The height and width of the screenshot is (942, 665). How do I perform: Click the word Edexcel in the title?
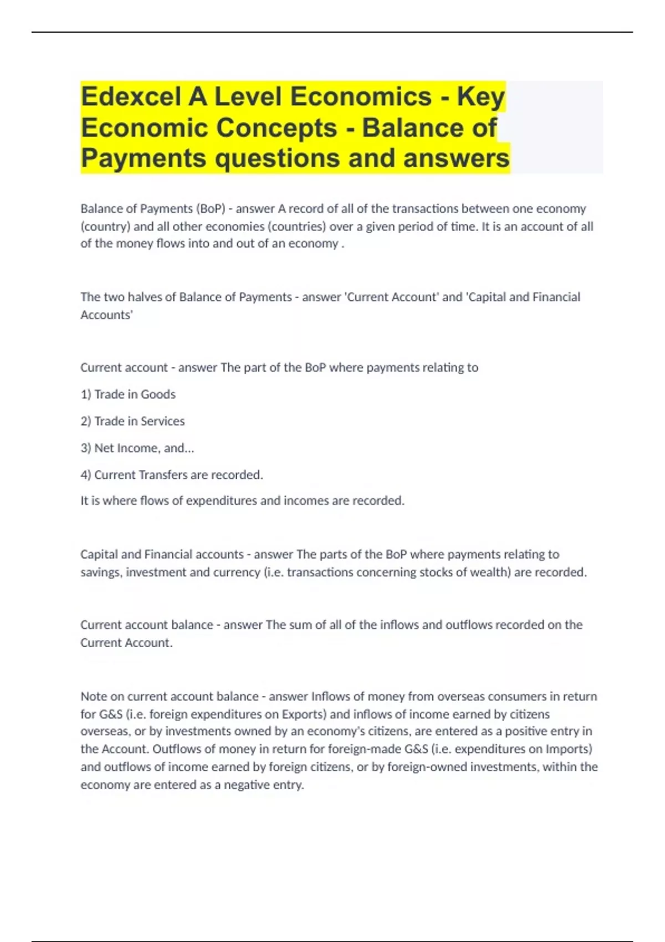[x=130, y=97]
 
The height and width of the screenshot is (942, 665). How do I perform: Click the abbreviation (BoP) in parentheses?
[x=211, y=209]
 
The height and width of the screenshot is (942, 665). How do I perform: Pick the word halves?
[x=145, y=297]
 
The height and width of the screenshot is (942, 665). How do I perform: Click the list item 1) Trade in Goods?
[x=128, y=395]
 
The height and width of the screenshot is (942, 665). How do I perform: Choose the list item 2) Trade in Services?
[x=132, y=421]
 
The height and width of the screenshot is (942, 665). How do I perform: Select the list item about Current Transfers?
[x=172, y=475]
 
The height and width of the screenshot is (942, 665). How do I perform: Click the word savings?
[x=101, y=572]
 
